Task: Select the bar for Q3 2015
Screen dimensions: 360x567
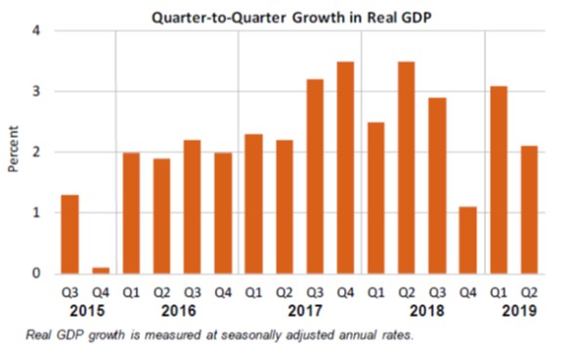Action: point(70,234)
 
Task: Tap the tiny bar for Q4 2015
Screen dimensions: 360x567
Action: point(101,270)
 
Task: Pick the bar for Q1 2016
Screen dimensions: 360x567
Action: point(132,212)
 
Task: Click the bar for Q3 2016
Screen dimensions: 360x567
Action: point(193,206)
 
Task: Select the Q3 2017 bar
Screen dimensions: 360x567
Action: point(315,176)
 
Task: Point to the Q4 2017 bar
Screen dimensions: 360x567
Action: point(345,167)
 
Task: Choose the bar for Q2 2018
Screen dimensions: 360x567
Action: point(407,167)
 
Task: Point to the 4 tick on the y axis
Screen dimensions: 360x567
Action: point(36,30)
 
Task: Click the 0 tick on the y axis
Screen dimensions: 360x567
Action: point(36,274)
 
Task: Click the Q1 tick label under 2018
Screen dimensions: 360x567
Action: point(376,292)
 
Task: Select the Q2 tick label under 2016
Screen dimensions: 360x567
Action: point(162,292)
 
